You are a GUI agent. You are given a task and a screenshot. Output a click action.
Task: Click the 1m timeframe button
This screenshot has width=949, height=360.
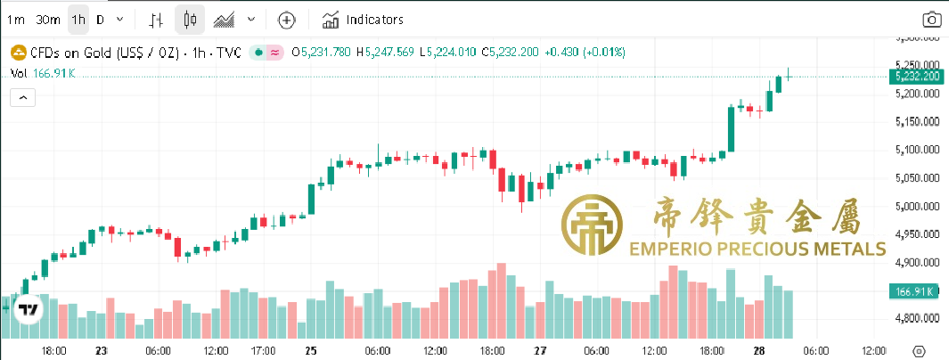[x=16, y=19]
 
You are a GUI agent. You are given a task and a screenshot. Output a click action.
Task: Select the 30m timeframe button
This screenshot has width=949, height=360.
[x=48, y=19]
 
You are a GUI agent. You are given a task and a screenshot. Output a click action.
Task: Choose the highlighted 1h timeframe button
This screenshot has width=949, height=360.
[x=78, y=19]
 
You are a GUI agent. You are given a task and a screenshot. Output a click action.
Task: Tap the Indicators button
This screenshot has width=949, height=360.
[x=363, y=19]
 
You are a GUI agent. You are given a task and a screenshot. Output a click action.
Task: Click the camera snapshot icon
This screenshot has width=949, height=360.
[x=931, y=20]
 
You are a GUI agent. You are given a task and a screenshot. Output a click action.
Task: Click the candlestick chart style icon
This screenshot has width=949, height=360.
[x=188, y=19]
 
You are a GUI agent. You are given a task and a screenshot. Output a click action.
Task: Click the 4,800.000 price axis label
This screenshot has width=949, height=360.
[x=917, y=318]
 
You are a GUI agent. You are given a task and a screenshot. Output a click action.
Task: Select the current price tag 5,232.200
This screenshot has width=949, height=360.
[x=917, y=76]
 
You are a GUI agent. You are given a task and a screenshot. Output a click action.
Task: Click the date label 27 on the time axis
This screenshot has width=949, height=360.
[x=539, y=350]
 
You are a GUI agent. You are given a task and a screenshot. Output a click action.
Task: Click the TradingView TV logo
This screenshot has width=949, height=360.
[x=29, y=310]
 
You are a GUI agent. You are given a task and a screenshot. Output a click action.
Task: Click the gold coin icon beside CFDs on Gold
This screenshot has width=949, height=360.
[x=17, y=53]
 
